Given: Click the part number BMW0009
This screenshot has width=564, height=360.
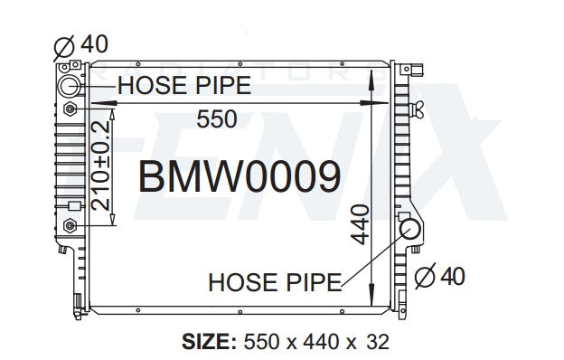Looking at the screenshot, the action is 240,176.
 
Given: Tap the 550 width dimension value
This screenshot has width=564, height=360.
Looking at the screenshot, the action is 217,119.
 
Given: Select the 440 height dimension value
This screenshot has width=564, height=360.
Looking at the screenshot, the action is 360,224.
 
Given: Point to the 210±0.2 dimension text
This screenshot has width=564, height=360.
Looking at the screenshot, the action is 100,166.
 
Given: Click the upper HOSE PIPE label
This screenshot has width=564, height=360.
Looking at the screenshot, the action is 184,85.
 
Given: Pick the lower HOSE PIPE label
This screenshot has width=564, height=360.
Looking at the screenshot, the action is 275,282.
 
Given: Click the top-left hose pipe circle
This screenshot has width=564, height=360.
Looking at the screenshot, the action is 69,86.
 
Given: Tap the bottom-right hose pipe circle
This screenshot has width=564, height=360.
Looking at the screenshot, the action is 410,229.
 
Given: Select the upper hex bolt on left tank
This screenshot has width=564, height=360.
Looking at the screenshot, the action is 70,109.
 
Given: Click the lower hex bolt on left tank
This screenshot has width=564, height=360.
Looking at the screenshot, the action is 70,226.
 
